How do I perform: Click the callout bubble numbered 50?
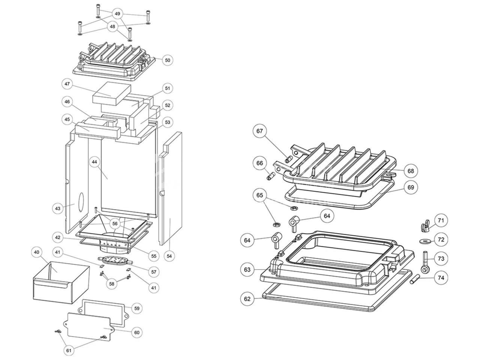coord(167,60)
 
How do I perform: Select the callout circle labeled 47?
coord(67,84)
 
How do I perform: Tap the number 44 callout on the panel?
coord(94,162)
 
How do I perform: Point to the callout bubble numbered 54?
coord(170,256)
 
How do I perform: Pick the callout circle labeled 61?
coord(68,351)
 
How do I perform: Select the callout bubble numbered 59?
coord(137,308)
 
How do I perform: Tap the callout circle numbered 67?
coord(260,131)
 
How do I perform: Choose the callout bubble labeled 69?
coord(411,187)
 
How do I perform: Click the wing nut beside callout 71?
coord(424,226)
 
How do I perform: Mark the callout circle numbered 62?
coord(247,299)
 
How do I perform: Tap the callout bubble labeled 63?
coord(247,269)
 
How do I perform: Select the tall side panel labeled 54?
coord(171,187)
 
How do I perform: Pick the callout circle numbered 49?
coord(118,14)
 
